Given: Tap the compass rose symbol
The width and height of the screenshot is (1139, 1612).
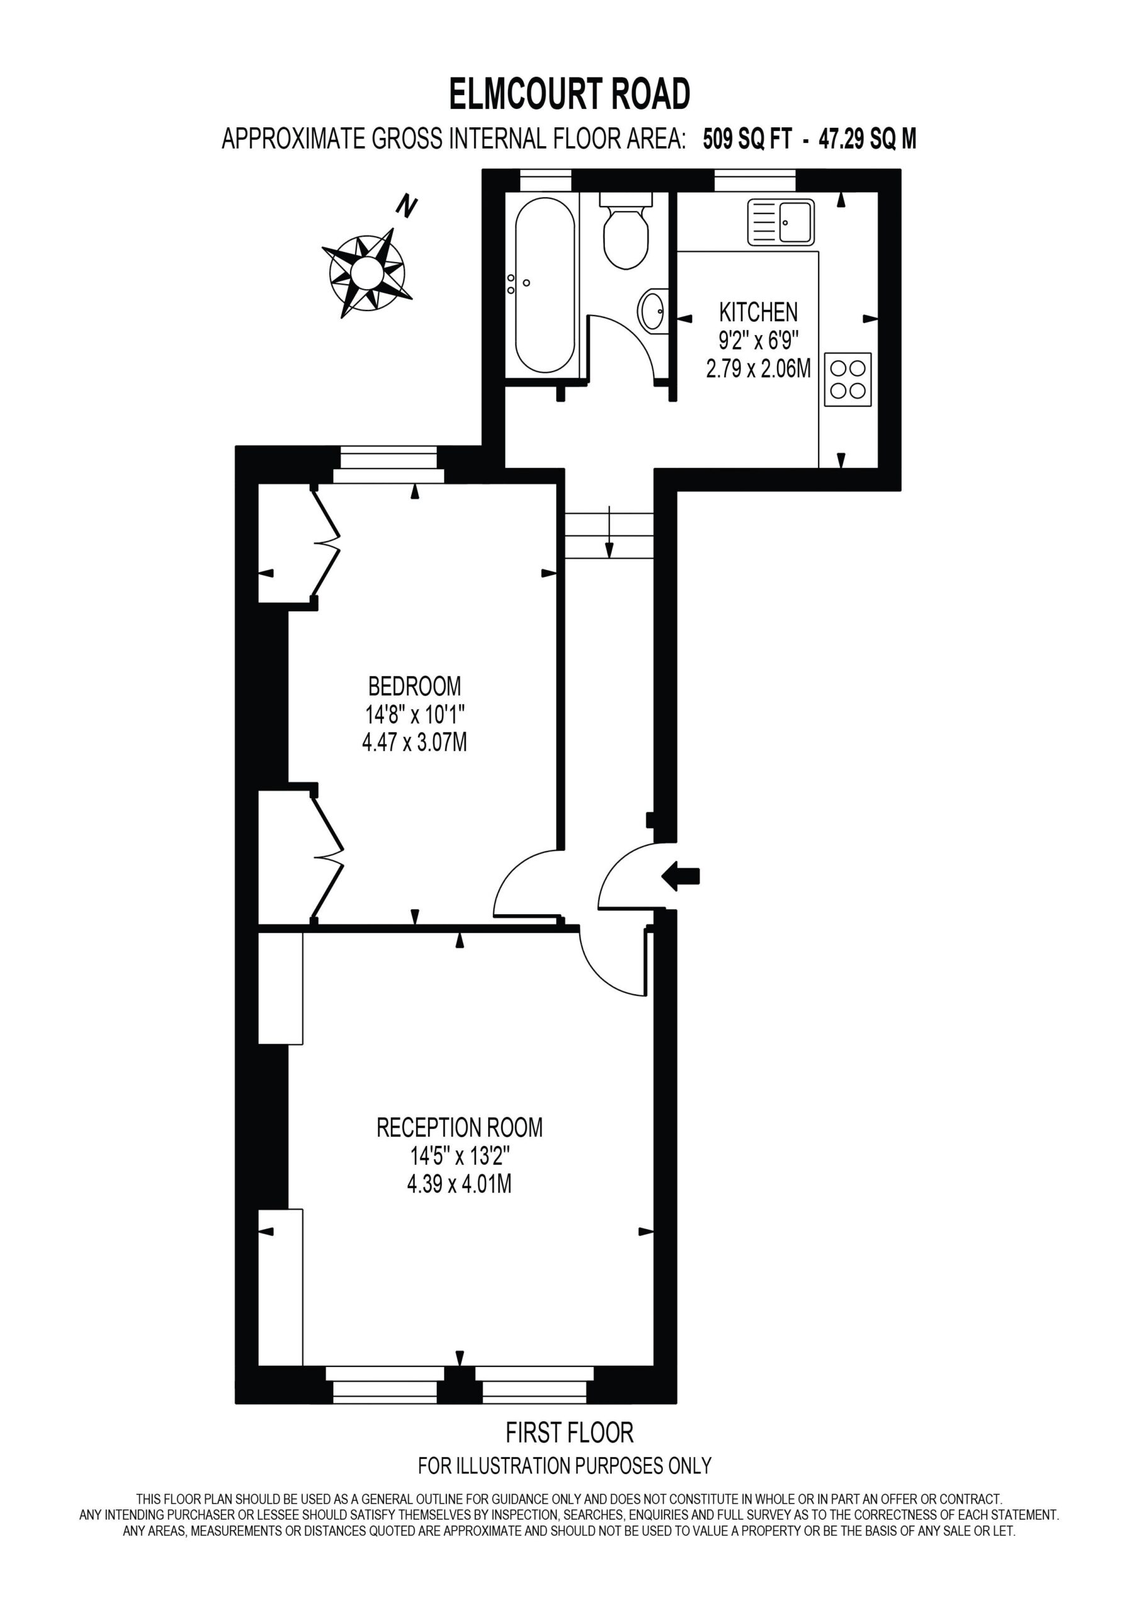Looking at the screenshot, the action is click(367, 270).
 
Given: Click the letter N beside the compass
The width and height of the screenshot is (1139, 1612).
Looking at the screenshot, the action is click(407, 206).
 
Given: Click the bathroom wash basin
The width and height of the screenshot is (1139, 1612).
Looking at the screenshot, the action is click(653, 310).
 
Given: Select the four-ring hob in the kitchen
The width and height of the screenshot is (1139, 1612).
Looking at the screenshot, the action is click(848, 379).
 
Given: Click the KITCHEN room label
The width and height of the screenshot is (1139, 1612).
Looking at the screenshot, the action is click(759, 312).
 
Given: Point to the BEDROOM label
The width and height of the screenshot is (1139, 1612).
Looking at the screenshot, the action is click(415, 685).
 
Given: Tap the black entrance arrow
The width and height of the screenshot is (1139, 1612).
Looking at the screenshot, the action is click(681, 875).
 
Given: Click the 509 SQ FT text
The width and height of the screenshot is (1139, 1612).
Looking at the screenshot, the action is click(748, 139).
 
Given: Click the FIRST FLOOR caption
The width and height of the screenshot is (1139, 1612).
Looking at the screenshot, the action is click(570, 1433).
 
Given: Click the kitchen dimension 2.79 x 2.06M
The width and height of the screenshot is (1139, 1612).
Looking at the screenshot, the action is click(759, 368).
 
